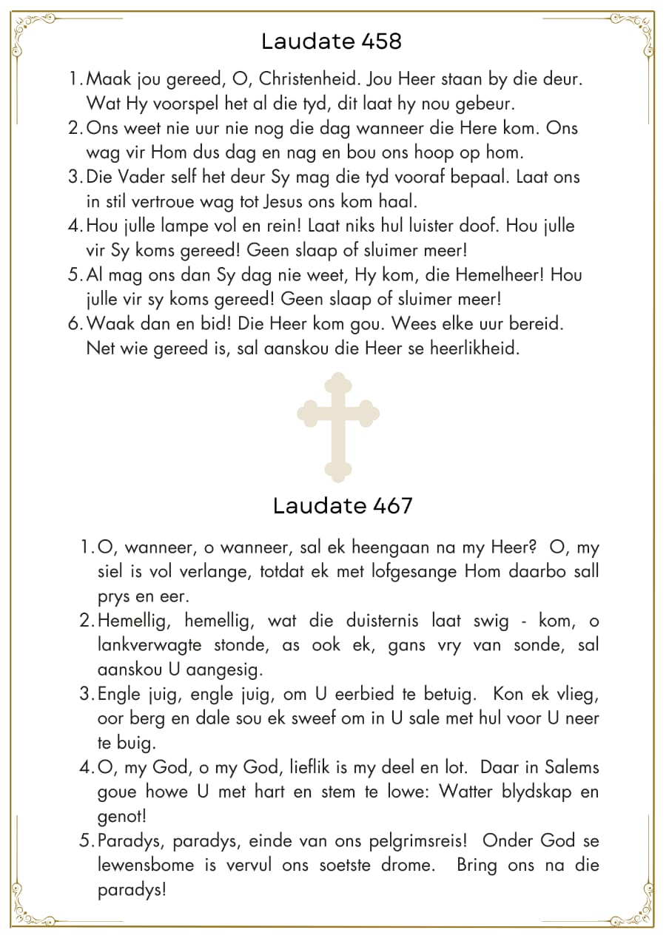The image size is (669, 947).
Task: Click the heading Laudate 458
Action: coord(332,41)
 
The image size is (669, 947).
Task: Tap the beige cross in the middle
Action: coord(338,428)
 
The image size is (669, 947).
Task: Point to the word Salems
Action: coord(568,767)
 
